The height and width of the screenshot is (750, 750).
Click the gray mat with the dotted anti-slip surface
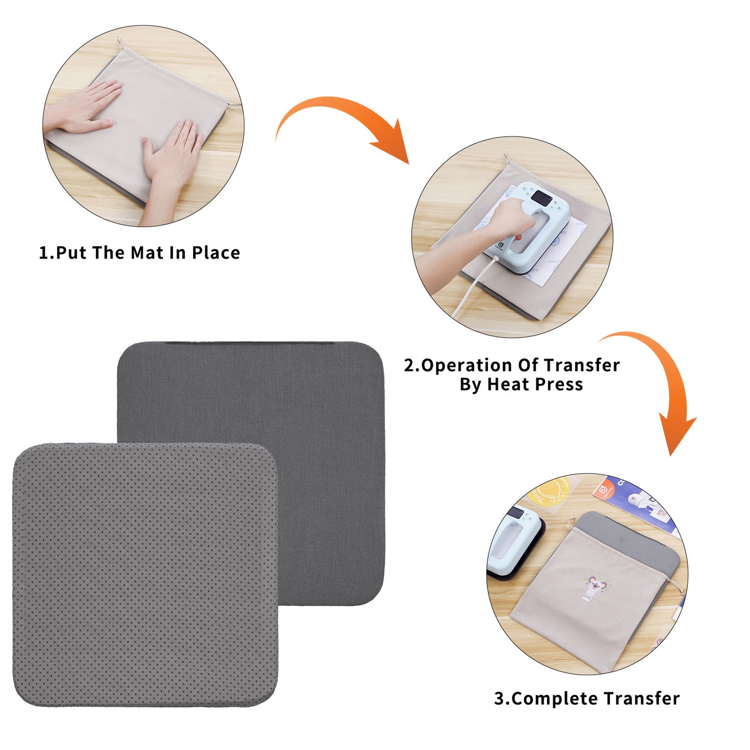click(145, 575)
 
